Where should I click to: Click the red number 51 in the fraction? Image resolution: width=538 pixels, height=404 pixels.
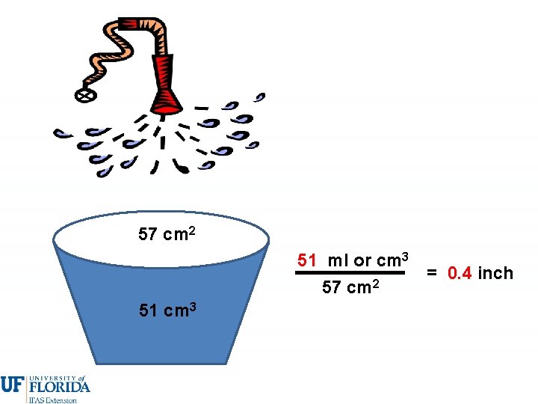[307, 260]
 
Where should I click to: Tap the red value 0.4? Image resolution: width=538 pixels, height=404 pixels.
[460, 273]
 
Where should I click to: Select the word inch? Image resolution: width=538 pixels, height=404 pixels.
[495, 273]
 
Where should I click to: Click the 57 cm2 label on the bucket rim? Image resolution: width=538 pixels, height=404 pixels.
[167, 234]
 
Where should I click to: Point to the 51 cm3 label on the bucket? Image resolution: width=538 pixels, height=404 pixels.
[167, 310]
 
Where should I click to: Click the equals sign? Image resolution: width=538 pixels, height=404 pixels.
[433, 273]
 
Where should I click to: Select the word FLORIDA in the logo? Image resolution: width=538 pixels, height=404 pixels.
[59, 387]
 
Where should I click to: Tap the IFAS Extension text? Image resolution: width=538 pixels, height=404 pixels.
[52, 400]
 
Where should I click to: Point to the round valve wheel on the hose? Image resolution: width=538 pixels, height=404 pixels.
[84, 95]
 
